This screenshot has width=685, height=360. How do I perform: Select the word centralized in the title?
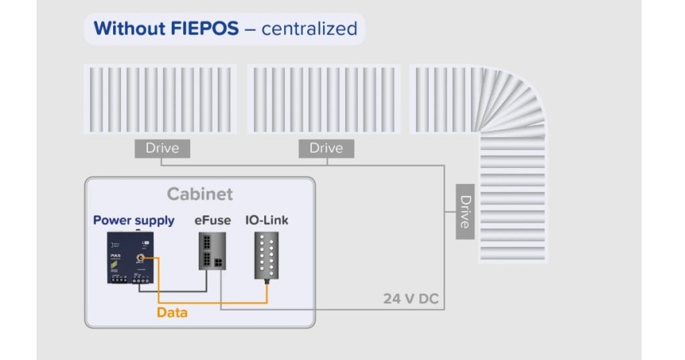(309, 29)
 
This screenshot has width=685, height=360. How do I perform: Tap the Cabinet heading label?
(200, 194)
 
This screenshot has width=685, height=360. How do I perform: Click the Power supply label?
(134, 220)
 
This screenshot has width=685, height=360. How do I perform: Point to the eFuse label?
(213, 220)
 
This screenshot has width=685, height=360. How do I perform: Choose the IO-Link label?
(266, 220)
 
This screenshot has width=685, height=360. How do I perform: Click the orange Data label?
(172, 312)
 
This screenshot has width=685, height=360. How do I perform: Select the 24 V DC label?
(411, 298)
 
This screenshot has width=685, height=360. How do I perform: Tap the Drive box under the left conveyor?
(162, 148)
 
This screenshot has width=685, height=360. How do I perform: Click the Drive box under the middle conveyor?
(326, 148)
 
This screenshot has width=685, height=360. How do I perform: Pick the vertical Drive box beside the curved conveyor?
(465, 211)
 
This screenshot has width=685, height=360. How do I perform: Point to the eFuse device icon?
(212, 251)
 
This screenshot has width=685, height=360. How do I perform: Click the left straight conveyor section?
(160, 100)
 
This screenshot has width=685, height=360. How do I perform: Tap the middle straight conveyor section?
(324, 100)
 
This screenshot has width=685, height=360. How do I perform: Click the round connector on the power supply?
(141, 258)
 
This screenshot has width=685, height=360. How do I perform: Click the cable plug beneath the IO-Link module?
(267, 283)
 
